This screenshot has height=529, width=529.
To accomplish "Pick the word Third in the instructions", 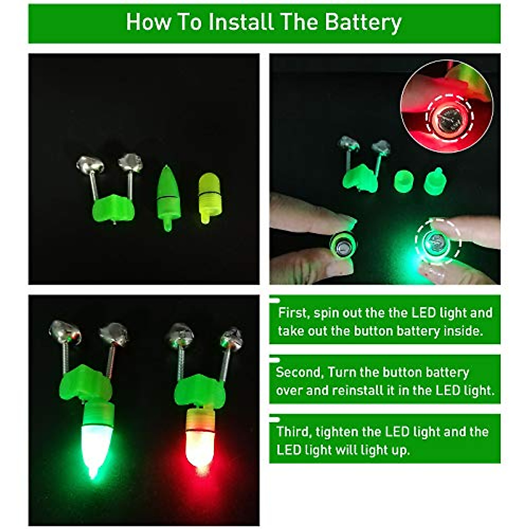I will pyautogui.click(x=293, y=432).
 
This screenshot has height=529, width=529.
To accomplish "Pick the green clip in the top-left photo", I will pyautogui.click(x=113, y=209).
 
